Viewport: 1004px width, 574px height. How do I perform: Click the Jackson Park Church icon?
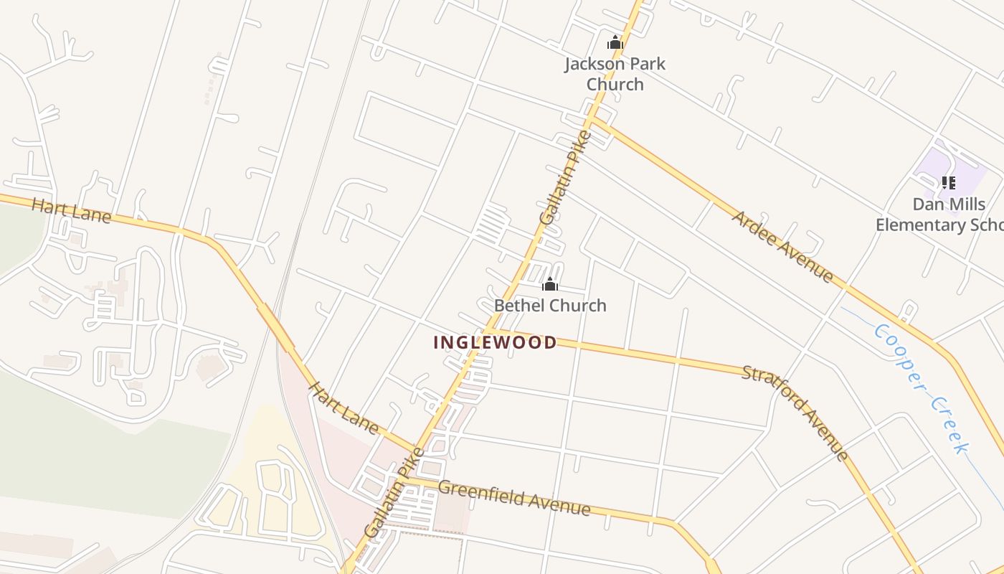point(615,43)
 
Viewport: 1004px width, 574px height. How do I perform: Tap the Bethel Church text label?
point(550,306)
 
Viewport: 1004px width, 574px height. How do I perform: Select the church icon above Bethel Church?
point(550,285)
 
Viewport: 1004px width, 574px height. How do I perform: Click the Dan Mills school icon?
point(949,183)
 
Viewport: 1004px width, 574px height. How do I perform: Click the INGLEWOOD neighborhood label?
point(495,343)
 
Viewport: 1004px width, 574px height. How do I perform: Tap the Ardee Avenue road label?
point(782,246)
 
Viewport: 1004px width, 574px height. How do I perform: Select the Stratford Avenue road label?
point(795,413)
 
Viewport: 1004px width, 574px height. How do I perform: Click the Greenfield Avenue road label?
point(513,498)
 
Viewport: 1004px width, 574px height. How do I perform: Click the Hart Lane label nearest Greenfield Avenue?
point(343,408)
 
